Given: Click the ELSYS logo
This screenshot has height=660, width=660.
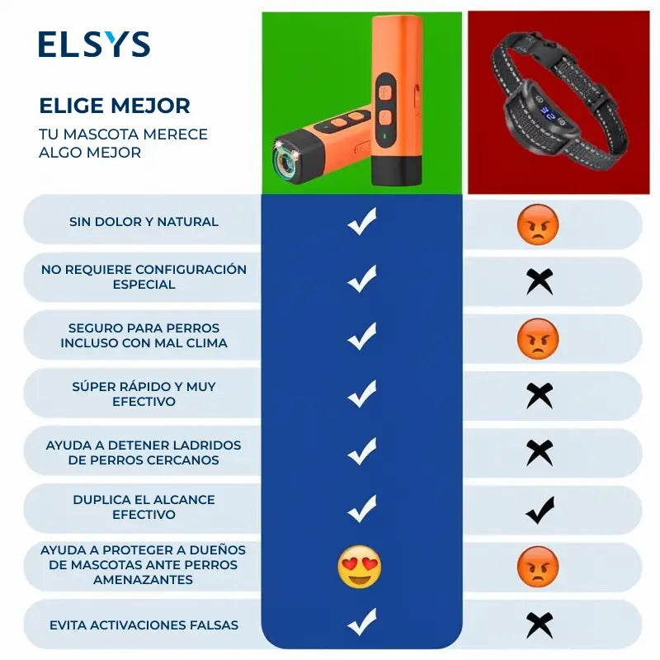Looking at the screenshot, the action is click(x=94, y=44).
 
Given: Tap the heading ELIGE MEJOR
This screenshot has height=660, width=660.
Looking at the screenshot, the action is click(x=115, y=106).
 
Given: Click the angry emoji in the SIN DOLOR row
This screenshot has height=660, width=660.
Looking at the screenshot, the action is click(x=538, y=224).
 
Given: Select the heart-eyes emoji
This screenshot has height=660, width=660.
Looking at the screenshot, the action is click(x=360, y=567).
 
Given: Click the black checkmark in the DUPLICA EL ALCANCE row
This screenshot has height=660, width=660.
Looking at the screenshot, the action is click(x=540, y=510).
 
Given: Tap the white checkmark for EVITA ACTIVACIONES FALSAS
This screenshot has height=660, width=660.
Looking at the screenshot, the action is click(x=361, y=622).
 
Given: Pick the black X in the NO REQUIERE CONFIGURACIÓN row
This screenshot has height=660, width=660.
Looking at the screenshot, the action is click(x=540, y=281).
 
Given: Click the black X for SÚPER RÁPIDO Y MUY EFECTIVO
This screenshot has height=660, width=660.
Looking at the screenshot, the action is click(x=540, y=396).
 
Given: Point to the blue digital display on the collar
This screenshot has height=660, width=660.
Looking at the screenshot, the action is click(x=547, y=113).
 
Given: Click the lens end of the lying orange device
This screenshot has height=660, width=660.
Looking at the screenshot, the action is click(x=287, y=159).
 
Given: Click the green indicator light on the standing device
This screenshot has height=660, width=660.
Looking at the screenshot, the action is click(x=384, y=135).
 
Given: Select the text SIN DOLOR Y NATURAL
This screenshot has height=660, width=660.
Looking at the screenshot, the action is click(x=144, y=222).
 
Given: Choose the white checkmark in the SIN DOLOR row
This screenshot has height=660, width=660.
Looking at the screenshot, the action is click(x=361, y=221).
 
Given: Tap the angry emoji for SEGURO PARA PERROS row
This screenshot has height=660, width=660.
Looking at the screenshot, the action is click(x=538, y=339).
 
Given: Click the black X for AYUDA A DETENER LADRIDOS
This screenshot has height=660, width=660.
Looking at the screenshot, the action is click(x=540, y=452).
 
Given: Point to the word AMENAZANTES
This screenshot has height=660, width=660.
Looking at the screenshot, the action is click(x=143, y=580).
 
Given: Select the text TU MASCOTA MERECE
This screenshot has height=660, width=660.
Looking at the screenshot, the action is click(x=123, y=134).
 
